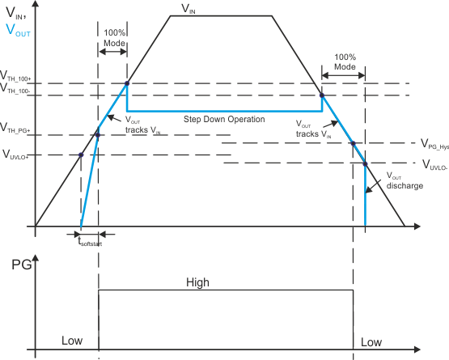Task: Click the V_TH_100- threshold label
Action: tap(16, 89)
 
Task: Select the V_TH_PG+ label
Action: tap(15, 128)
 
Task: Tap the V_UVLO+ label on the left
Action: tap(16, 154)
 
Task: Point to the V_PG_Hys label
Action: tap(434, 143)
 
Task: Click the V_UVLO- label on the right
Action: tap(435, 163)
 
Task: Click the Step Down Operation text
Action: tap(224, 119)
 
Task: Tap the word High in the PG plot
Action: tap(197, 282)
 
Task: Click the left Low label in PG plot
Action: tap(72, 341)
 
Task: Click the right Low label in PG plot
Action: tap(371, 342)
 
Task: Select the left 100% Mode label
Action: tap(114, 37)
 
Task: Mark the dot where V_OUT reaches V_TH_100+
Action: tap(126, 83)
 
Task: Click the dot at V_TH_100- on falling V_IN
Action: tap(321, 95)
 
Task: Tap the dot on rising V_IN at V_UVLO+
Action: tap(81, 155)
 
